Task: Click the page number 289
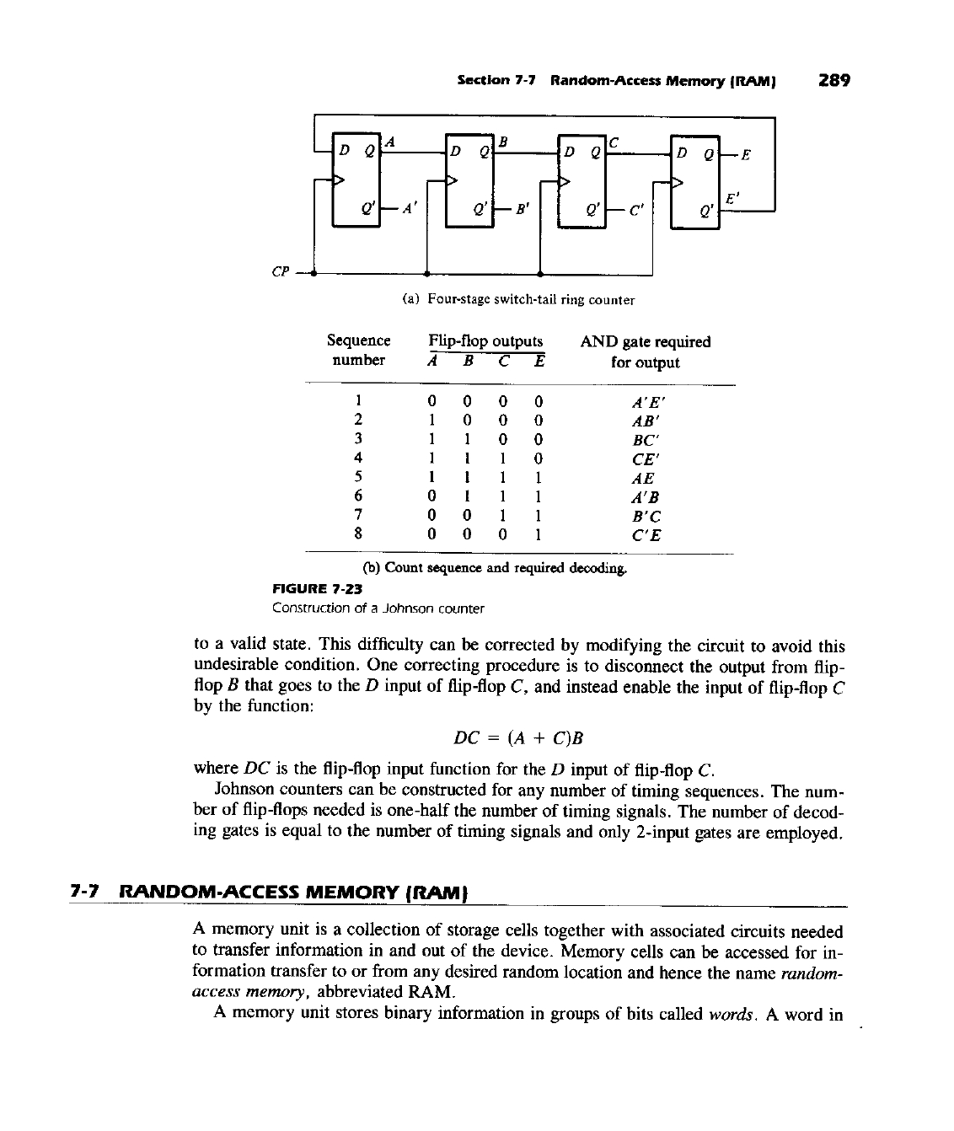pos(833,81)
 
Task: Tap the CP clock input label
pos(281,272)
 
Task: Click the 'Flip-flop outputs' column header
pos(485,341)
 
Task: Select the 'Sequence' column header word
pos(358,340)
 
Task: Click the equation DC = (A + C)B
pos(518,738)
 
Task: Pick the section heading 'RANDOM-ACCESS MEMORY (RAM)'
pos(295,890)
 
